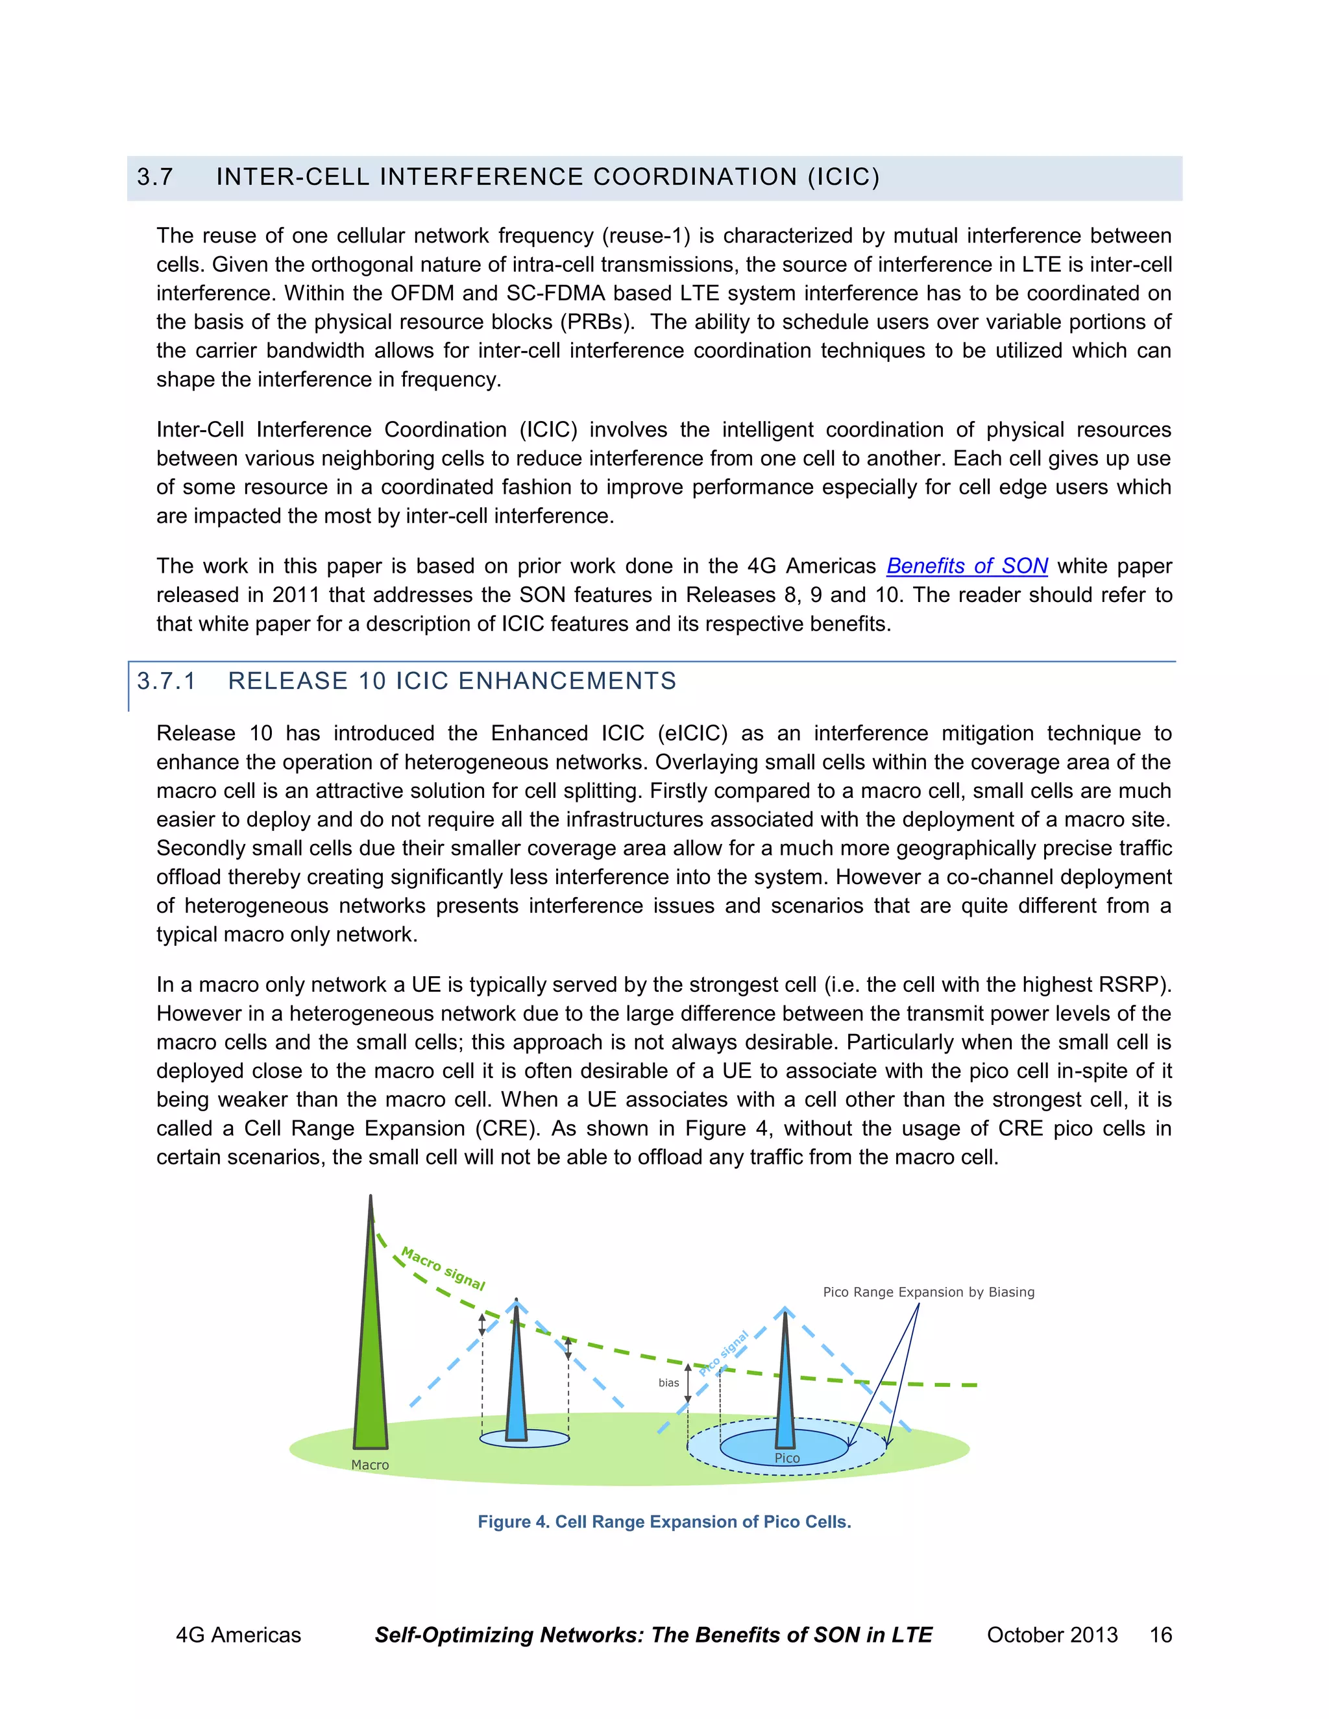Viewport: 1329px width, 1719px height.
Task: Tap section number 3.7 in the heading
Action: [154, 177]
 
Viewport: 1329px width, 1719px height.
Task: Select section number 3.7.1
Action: [166, 681]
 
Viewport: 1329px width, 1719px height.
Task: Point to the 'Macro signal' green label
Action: [443, 1268]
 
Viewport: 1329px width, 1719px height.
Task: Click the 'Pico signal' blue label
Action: [724, 1353]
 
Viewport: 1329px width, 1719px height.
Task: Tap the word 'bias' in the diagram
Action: [668, 1383]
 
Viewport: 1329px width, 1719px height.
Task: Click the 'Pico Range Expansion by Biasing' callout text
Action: [928, 1292]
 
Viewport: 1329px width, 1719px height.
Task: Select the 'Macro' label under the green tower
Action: [370, 1465]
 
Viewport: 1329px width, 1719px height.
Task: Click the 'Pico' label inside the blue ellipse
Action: [786, 1458]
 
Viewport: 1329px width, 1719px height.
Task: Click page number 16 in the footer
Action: [1160, 1635]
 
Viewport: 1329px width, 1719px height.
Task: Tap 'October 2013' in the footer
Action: [1052, 1635]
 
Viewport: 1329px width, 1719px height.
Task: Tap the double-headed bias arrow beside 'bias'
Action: [687, 1383]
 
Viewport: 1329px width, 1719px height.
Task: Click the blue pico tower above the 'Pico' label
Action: [785, 1386]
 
